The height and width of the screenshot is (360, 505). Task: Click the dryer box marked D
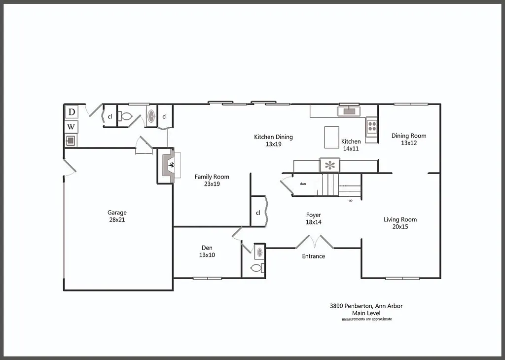tap(72, 112)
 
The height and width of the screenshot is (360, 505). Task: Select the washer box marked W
tap(72, 127)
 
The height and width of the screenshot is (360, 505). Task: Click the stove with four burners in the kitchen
tap(372, 126)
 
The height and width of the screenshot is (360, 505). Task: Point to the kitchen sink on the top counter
tap(349, 111)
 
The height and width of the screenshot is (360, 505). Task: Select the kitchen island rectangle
tap(332, 137)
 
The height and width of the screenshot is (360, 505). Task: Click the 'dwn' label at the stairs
tap(303, 183)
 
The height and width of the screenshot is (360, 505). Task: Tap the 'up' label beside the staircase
tap(350, 201)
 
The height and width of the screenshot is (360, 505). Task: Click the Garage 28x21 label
tap(117, 216)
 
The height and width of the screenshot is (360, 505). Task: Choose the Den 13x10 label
tap(207, 251)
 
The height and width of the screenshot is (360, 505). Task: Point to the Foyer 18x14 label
tap(313, 218)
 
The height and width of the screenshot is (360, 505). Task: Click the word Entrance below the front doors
tap(313, 256)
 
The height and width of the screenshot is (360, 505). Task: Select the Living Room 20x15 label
tap(400, 223)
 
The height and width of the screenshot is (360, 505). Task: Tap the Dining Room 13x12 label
tap(409, 139)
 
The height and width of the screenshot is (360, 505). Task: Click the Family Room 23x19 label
tap(212, 180)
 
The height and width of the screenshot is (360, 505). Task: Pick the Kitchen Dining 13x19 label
tap(273, 141)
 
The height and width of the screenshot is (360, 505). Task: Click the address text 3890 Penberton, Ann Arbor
tap(366, 306)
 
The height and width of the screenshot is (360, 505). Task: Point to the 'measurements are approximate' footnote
tap(366, 319)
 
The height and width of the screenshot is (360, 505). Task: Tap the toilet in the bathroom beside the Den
tap(256, 268)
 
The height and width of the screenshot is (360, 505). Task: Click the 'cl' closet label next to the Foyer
tap(258, 213)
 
